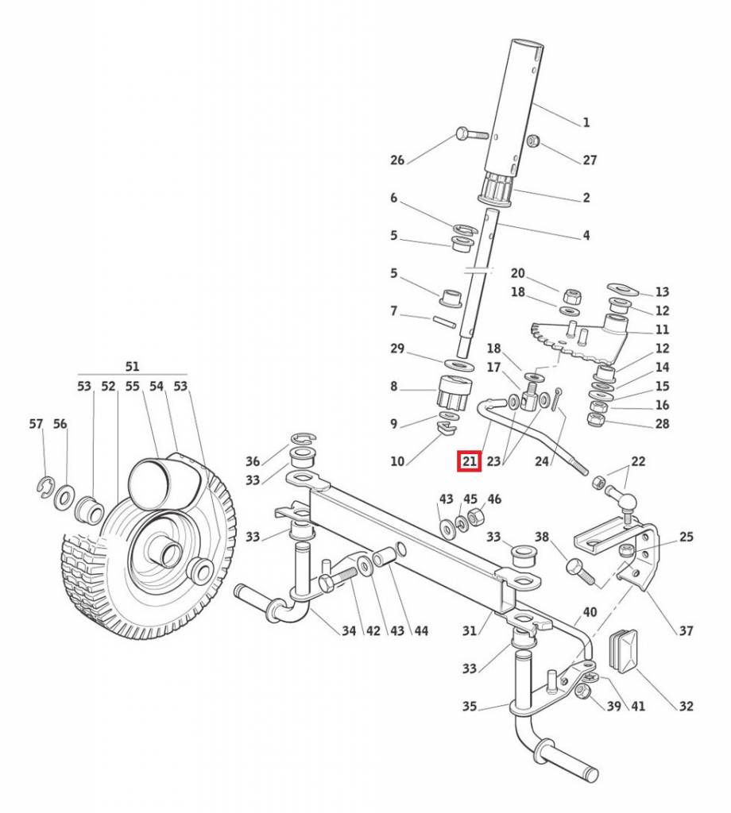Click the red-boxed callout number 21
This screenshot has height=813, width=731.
point(469,460)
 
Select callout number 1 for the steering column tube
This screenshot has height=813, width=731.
point(586,122)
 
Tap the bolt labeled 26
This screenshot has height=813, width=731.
point(470,133)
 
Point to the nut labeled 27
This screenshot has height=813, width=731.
point(533,141)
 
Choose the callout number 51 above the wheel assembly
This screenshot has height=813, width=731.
point(132,366)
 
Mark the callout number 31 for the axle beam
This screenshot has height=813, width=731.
point(470,631)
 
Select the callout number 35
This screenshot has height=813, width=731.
point(470,706)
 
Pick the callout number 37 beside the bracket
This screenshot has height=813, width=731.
point(686,631)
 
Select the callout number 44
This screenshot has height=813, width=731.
point(421,631)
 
